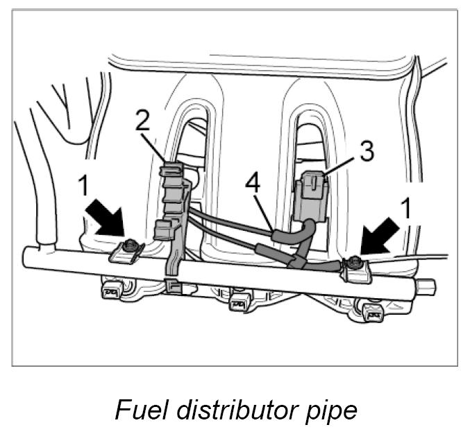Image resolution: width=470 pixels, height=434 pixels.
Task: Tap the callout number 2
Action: pos(142,121)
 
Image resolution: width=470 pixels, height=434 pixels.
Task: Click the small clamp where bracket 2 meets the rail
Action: pos(174,284)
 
